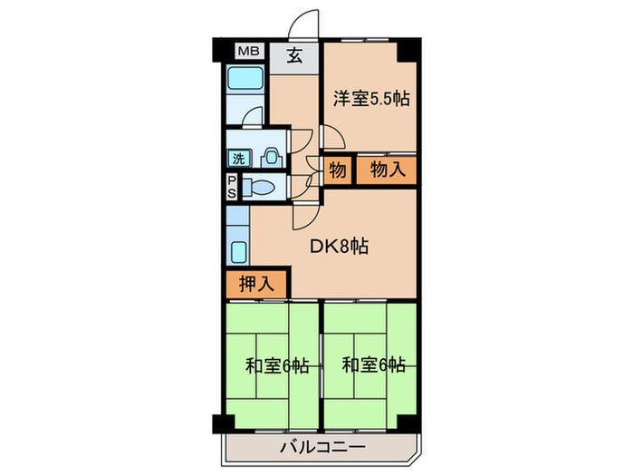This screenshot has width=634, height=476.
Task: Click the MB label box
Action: tap(246, 53)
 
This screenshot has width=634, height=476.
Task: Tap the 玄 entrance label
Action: tap(295, 55)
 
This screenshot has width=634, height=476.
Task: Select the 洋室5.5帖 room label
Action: tap(370, 98)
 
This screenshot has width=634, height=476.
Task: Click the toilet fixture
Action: tap(258, 189)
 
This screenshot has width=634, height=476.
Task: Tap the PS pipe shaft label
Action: tap(232, 188)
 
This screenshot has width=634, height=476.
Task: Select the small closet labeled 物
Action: tap(335, 170)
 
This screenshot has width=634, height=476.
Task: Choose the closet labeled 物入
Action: tap(386, 170)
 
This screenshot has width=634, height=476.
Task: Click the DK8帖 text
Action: tap(340, 245)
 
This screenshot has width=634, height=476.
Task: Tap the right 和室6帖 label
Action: tap(373, 366)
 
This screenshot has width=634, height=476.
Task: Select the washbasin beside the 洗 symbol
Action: tap(268, 157)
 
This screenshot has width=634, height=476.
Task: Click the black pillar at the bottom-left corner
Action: tap(220, 423)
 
